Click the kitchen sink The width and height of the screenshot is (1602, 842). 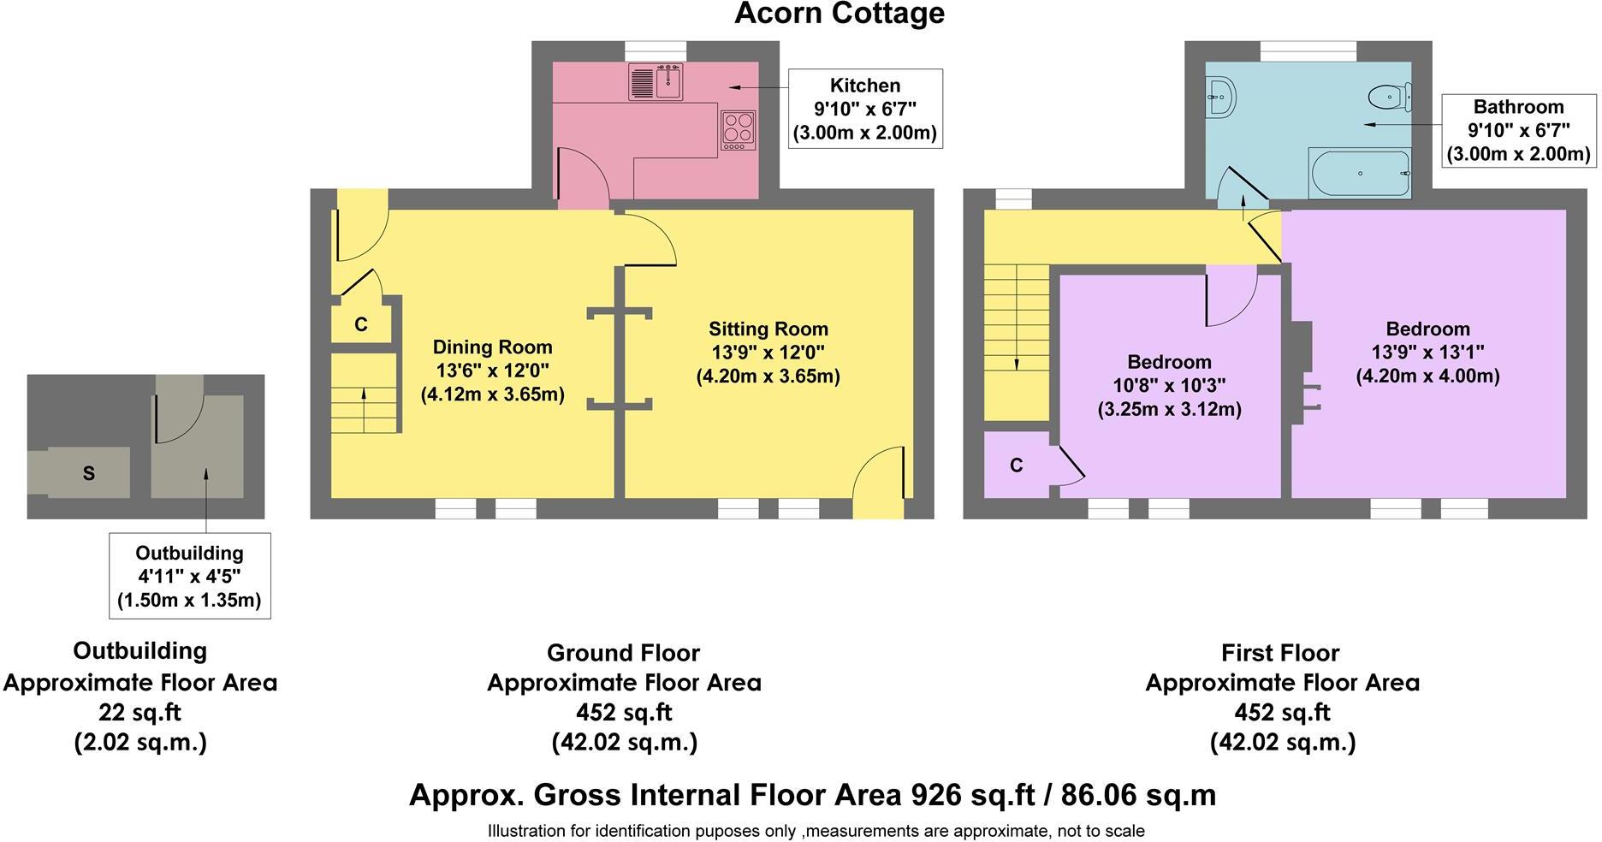[x=656, y=82]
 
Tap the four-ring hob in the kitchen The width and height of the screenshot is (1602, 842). [x=738, y=131]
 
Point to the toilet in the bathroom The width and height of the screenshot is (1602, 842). [x=1388, y=97]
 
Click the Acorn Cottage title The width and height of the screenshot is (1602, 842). [x=839, y=14]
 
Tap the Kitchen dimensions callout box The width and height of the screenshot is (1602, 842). [x=865, y=109]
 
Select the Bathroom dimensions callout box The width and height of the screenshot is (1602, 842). [x=1518, y=130]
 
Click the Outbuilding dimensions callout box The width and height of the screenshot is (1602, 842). [x=189, y=576]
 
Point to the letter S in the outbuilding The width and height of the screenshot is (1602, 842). [x=89, y=473]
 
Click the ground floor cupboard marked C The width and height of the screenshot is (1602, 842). [x=361, y=324]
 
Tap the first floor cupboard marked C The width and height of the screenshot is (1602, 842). [x=1016, y=465]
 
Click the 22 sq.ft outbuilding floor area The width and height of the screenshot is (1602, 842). [x=140, y=711]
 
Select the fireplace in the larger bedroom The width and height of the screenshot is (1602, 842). [x=1302, y=372]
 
